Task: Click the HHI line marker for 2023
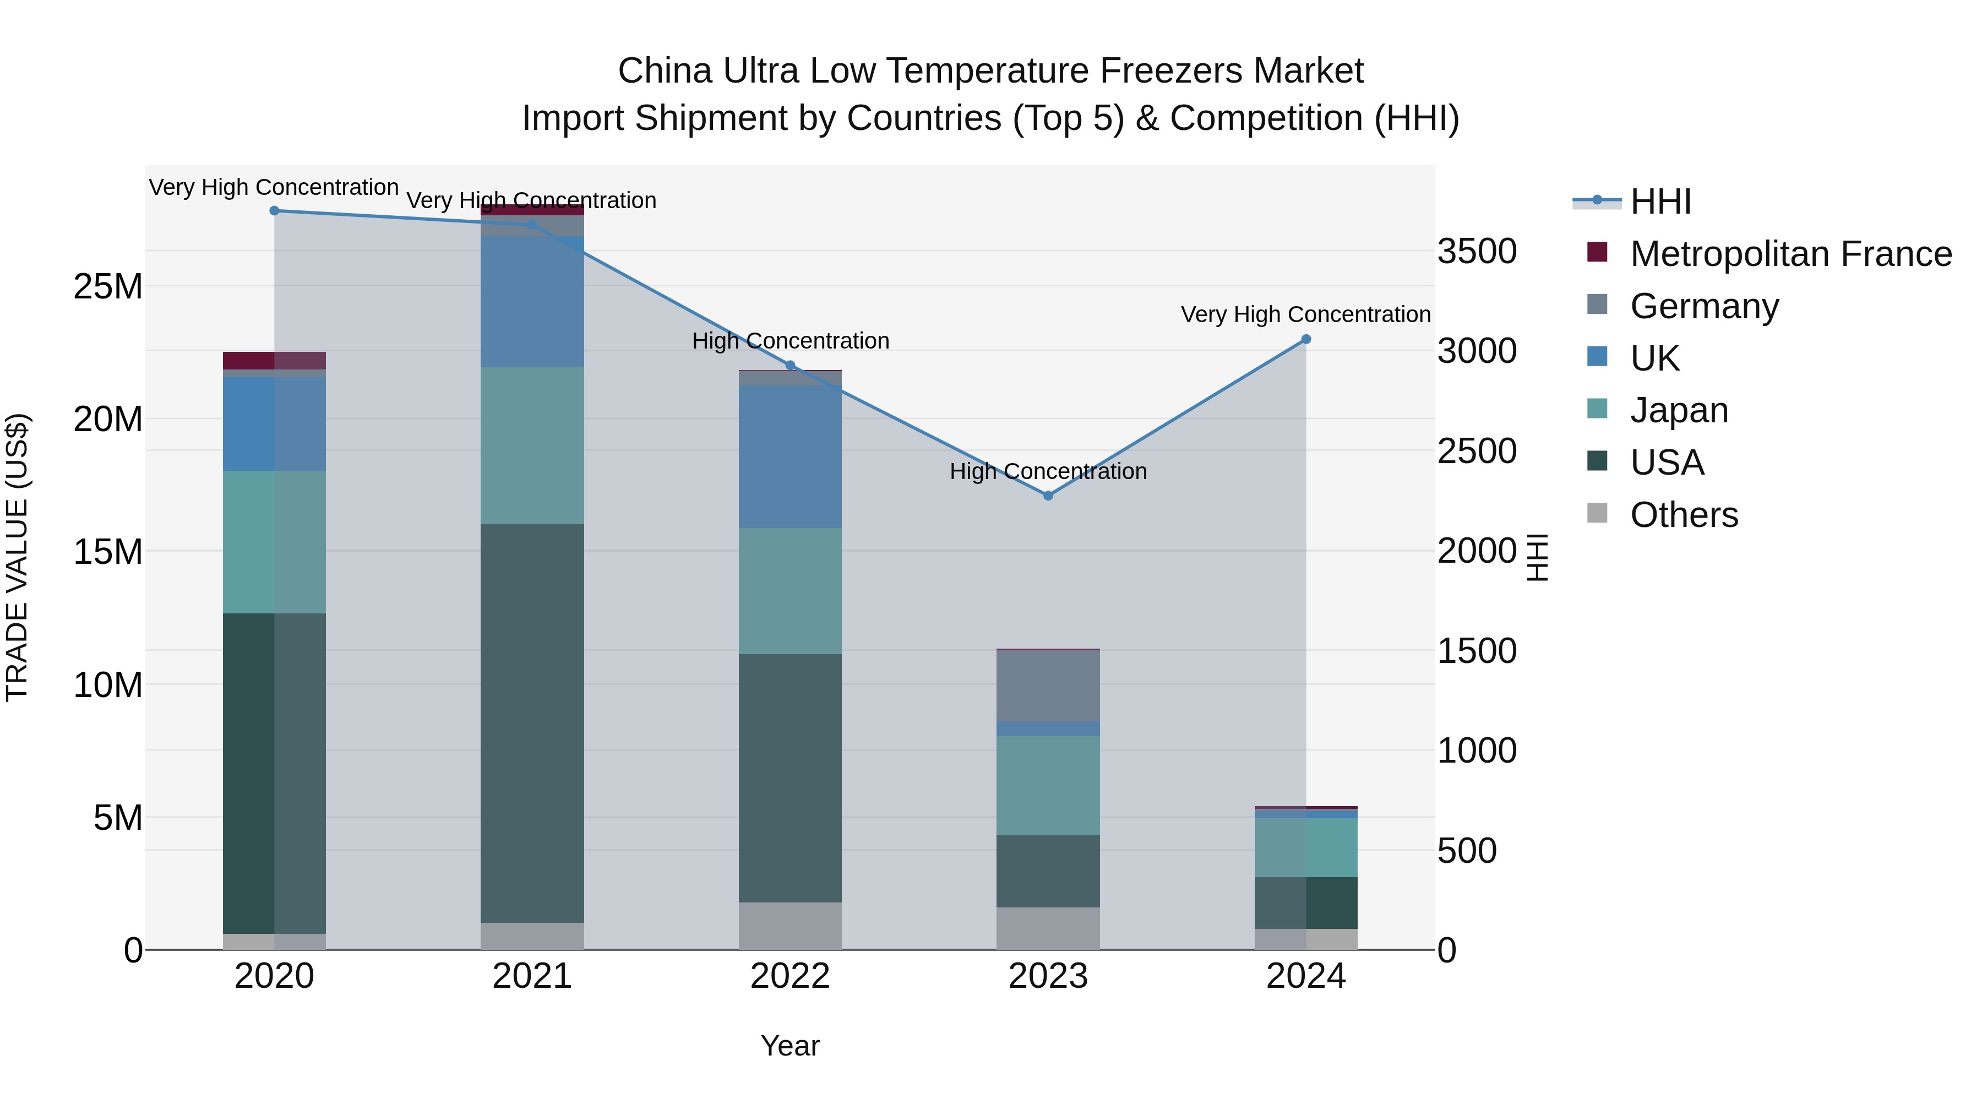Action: click(x=1047, y=496)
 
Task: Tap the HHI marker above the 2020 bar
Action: click(x=274, y=211)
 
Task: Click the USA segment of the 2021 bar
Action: click(x=532, y=724)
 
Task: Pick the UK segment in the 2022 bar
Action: click(x=789, y=457)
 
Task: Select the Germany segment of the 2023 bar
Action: click(x=1047, y=686)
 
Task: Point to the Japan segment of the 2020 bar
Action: click(x=274, y=542)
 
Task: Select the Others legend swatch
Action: click(x=1597, y=513)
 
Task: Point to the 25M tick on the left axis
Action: click(x=108, y=287)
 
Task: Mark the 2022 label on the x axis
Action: click(x=789, y=976)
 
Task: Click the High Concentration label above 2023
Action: click(x=1047, y=471)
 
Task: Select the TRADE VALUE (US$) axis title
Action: click(x=18, y=557)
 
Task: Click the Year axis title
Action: click(x=789, y=1046)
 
